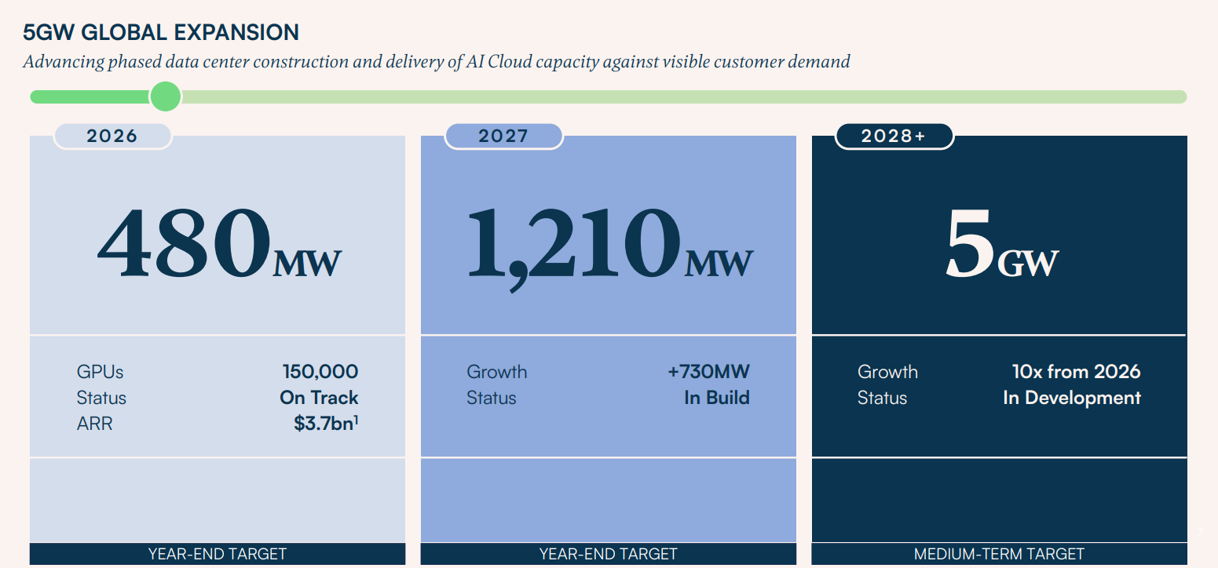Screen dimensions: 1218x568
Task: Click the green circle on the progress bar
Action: [165, 96]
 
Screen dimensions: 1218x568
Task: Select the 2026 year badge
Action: [112, 136]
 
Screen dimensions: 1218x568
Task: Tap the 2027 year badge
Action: [503, 136]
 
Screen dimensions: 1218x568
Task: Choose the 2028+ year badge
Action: [894, 136]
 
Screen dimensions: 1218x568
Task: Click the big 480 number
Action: [184, 242]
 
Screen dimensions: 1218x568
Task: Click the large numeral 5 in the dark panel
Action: [970, 242]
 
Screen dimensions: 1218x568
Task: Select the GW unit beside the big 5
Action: [1028, 264]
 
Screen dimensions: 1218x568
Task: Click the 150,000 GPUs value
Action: [320, 371]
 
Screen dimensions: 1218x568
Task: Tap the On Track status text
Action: [319, 398]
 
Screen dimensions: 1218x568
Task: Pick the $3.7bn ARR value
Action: [326, 423]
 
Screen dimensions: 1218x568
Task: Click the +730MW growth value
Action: [708, 371]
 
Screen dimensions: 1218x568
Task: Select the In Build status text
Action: [717, 398]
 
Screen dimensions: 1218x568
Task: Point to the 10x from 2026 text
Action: [1076, 371]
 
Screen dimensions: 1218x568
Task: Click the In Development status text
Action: [1072, 398]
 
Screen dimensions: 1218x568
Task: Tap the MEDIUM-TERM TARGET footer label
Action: [999, 554]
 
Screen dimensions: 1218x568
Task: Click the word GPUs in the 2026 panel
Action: [100, 372]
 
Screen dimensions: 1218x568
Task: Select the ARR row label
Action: [94, 424]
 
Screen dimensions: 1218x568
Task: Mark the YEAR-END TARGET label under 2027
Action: [608, 554]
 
